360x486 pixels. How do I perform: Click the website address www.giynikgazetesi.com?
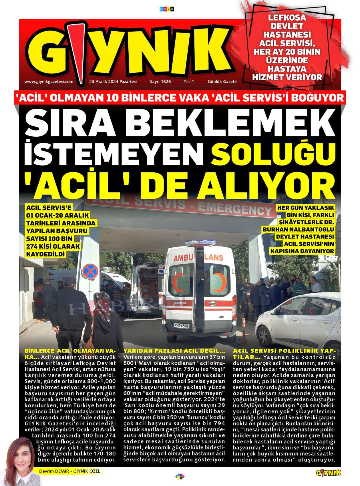pos(49,81)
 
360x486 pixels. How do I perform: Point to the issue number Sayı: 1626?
pos(160,81)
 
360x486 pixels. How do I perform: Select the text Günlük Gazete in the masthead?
pos(222,81)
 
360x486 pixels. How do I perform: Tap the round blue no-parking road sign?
pos(90,272)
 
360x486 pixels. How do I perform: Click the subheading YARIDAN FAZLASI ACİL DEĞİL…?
pos(174,351)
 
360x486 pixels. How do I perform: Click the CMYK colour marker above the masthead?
pos(167,9)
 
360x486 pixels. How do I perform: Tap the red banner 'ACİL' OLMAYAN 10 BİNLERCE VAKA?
pos(180,98)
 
